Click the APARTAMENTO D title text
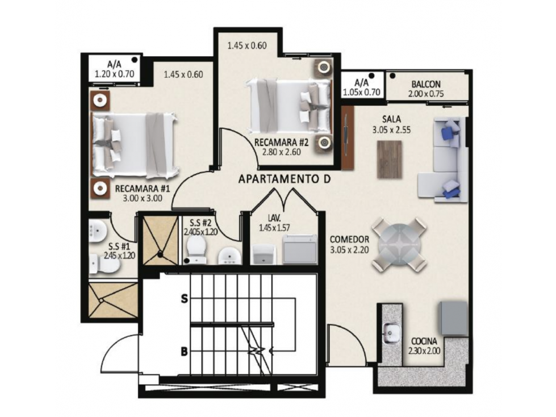pyautogui.click(x=285, y=179)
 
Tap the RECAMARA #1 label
pyautogui.click(x=143, y=188)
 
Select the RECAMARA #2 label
pyautogui.click(x=282, y=143)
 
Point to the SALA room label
pyautogui.click(x=391, y=119)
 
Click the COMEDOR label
pyautogui.click(x=350, y=239)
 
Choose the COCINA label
pyautogui.click(x=424, y=341)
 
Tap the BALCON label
pyautogui.click(x=426, y=85)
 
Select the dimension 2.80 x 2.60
pyautogui.click(x=282, y=152)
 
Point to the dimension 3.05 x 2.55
pyautogui.click(x=391, y=130)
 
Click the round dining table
pyautogui.click(x=399, y=244)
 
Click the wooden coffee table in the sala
pyautogui.click(x=390, y=159)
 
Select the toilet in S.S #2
pyautogui.click(x=195, y=249)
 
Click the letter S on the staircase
pyautogui.click(x=184, y=299)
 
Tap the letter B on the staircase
pyautogui.click(x=184, y=352)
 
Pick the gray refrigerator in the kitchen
pyautogui.click(x=454, y=318)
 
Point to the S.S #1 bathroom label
pyautogui.click(x=119, y=247)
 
